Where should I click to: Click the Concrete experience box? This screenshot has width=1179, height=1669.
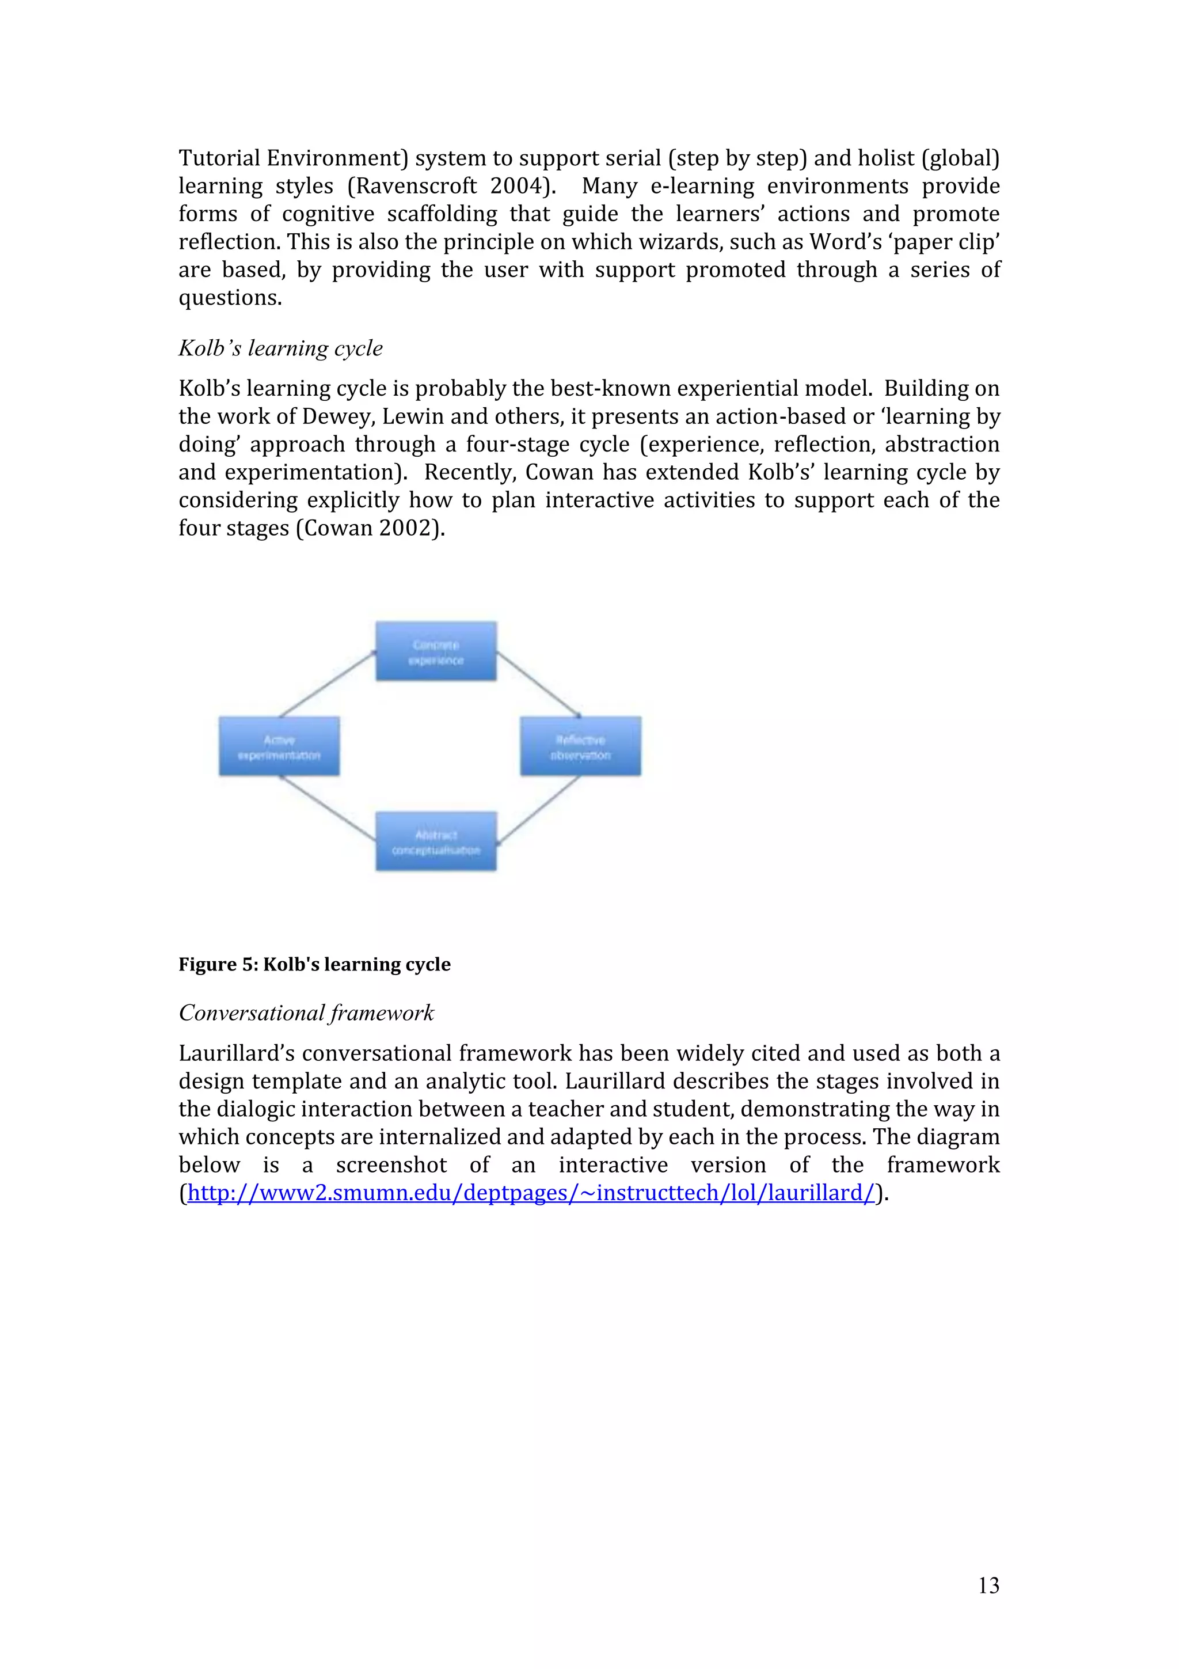436,651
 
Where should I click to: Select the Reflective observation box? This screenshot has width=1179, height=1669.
580,746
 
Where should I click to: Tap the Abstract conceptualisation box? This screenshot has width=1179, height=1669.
436,842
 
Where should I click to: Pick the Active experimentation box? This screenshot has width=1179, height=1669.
279,746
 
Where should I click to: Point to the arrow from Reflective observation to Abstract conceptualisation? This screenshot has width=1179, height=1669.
538,810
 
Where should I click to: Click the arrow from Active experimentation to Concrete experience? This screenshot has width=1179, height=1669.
328,685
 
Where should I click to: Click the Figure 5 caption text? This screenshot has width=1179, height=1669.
314,965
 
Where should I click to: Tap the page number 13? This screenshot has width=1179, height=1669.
988,1585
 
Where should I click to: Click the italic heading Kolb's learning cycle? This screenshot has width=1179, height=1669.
280,348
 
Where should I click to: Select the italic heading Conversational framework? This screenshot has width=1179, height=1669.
306,1012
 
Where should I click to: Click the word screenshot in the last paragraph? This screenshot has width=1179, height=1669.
391,1165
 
